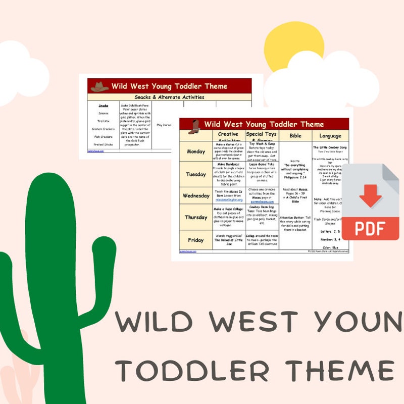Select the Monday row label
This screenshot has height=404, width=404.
coord(196,151)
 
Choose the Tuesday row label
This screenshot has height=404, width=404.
coord(196,174)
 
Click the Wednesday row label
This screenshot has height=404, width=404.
coord(196,196)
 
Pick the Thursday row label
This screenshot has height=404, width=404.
coord(196,217)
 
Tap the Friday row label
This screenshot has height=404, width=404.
coord(196,240)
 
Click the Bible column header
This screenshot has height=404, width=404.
coord(295,136)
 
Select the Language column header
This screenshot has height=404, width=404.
coord(330,136)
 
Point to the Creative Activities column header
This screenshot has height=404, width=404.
coord(228,136)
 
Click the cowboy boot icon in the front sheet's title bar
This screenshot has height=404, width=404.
coord(194,125)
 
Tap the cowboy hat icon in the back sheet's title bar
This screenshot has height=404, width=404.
coord(99,86)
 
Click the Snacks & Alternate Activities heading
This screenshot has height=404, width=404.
coord(169,97)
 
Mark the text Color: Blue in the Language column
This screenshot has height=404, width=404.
coord(330,247)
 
